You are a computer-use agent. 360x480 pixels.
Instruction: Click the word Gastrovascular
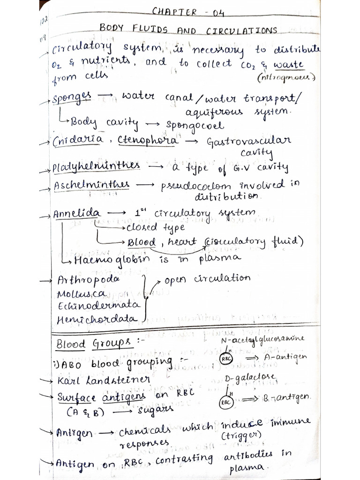pyautogui.click(x=248, y=141)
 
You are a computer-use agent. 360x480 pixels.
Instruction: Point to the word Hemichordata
pyautogui.click(x=97, y=320)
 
